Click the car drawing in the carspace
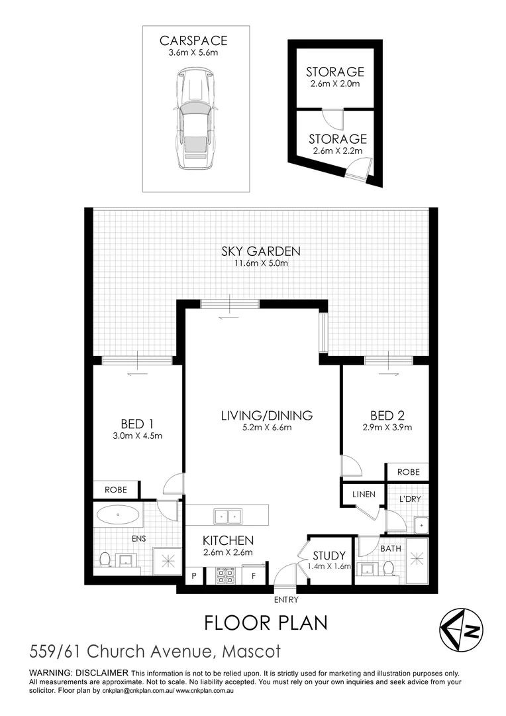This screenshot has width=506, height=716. pos(195,119)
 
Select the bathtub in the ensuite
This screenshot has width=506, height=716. pos(118,514)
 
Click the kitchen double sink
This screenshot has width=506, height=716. pos(228,516)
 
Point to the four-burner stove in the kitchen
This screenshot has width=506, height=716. pos(225,575)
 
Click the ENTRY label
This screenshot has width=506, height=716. pos(286,599)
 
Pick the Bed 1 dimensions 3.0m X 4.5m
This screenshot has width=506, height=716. pos(137,436)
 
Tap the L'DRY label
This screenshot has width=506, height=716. pos(410,499)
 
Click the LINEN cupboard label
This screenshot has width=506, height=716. pos(364,495)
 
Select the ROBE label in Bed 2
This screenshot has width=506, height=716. pos(409,472)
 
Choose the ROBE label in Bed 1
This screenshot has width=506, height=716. pos(116,490)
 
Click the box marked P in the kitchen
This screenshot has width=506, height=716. pos(194,576)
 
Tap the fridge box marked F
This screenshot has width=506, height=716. pos(254,576)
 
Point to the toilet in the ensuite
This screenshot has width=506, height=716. pos(105,559)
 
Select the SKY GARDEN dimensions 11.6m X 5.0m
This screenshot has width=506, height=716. pos(261,263)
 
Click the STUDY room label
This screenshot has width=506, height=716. pos(329,556)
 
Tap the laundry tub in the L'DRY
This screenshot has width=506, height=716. pos(421,525)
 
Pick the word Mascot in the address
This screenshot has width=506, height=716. pos(252,652)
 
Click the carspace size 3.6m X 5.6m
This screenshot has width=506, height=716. pos(193,52)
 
